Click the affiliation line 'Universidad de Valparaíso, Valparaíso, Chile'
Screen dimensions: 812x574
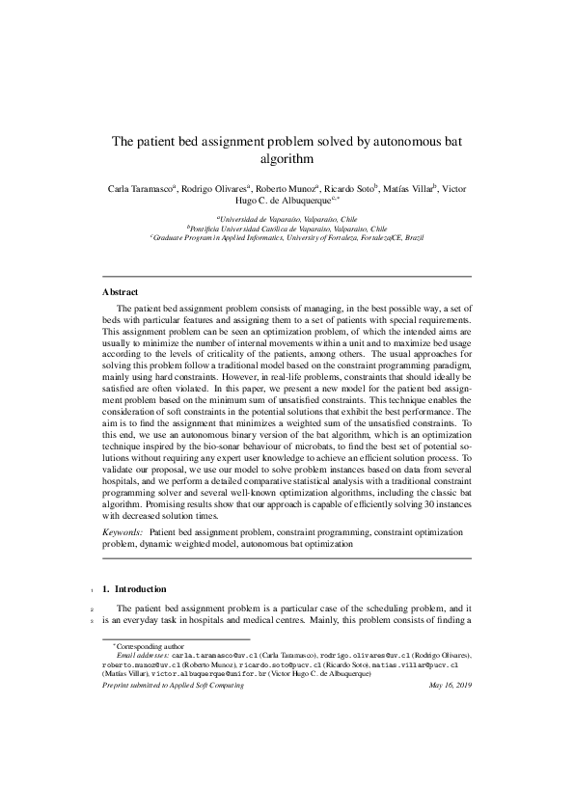(x=287, y=221)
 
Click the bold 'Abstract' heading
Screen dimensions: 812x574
(x=121, y=290)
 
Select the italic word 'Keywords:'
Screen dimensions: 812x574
(x=122, y=532)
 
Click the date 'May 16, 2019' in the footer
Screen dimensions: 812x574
(x=449, y=685)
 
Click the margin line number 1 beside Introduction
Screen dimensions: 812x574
(x=89, y=589)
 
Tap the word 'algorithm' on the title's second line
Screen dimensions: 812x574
(x=287, y=158)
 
